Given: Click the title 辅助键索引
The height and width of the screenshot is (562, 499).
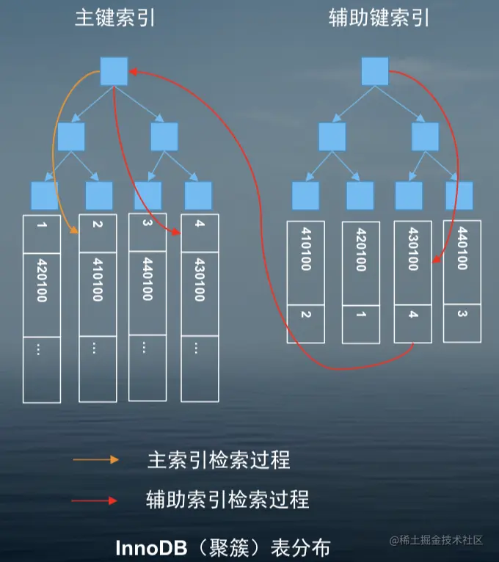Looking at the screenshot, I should tap(379, 18).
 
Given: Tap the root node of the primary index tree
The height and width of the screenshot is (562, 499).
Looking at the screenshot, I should tap(114, 70).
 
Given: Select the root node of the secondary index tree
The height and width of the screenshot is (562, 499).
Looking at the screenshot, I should tap(375, 70).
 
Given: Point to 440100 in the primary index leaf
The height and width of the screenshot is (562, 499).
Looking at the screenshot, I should tap(146, 279).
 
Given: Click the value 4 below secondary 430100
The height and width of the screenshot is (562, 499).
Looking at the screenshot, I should tap(412, 315).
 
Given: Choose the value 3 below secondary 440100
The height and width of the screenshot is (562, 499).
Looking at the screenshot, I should tap(462, 315).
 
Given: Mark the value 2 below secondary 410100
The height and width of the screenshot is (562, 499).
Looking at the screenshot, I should tap(306, 315).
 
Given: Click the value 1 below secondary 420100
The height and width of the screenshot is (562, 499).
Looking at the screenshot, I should tap(360, 315).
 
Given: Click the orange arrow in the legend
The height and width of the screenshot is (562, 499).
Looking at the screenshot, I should tap(95, 460).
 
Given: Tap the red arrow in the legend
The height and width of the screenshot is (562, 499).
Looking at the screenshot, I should tap(95, 500).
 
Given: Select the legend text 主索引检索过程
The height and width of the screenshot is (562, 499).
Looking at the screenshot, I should tap(219, 460).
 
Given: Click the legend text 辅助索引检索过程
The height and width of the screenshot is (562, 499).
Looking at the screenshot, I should tap(227, 500).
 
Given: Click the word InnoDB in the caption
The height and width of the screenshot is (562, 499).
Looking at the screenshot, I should tap(150, 547).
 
